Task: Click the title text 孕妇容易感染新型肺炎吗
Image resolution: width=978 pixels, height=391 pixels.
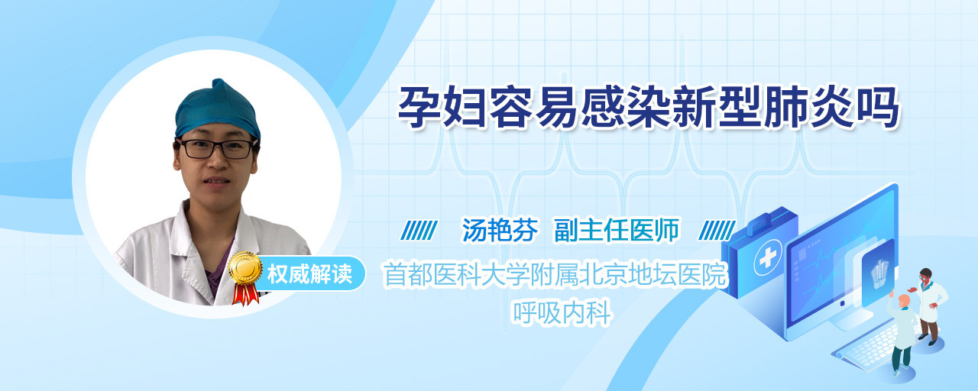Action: pos(648,108)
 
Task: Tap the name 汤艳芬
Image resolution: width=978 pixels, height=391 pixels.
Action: pos(500,231)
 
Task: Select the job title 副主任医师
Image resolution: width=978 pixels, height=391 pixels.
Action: pos(617,231)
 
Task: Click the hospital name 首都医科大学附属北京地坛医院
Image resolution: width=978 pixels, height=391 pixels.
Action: pos(555,274)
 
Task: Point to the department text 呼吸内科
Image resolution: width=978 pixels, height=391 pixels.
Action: pos(562,312)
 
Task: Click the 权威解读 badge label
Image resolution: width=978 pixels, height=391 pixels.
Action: pos(309,274)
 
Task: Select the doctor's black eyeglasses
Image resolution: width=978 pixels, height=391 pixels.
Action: pos(216,148)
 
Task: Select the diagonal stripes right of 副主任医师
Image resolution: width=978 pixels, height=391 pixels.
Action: pos(717,231)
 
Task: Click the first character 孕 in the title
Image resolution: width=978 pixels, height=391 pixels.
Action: pos(419,108)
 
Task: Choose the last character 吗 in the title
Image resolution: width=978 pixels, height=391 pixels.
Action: pos(877,108)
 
